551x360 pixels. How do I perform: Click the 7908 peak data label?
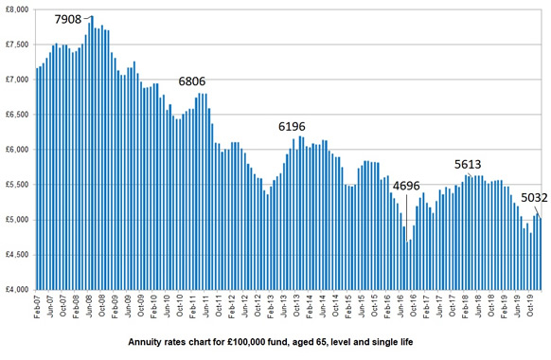[67, 19]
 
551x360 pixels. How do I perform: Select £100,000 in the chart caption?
[257, 339]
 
